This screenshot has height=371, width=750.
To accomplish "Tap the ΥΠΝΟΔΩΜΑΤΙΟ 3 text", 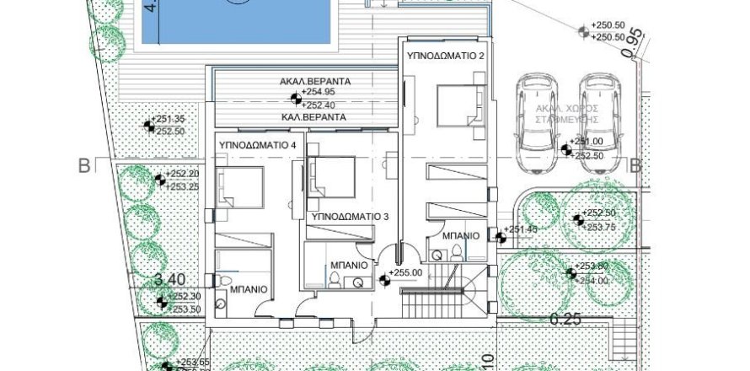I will [351, 217].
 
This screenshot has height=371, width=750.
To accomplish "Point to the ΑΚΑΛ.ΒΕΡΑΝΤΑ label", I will [316, 81].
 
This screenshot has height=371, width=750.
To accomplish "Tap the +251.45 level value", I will [520, 229].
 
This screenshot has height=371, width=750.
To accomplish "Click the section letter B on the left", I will [83, 165].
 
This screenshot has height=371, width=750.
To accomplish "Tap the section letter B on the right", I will [638, 165].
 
